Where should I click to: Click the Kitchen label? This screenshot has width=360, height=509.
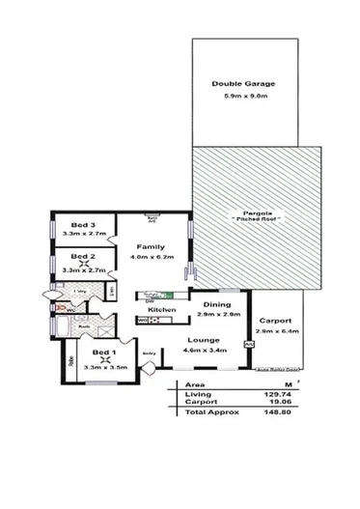pyautogui.click(x=160, y=309)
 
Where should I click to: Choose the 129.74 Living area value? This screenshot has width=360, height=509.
pyautogui.click(x=275, y=392)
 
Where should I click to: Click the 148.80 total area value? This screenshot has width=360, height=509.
pyautogui.click(x=275, y=410)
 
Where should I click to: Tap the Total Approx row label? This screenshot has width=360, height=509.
pyautogui.click(x=205, y=410)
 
